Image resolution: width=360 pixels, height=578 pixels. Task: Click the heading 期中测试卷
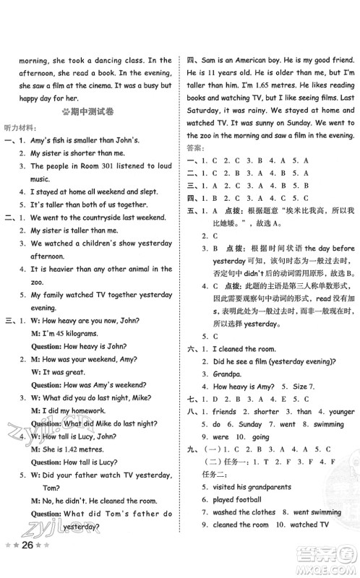(95, 113)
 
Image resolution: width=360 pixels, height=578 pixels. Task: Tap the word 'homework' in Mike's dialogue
(86, 412)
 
